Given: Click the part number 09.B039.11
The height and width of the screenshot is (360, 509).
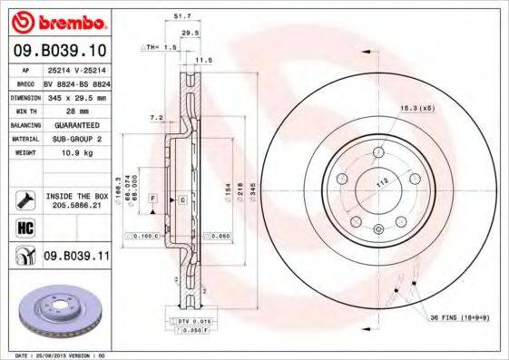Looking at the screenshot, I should click(x=75, y=257).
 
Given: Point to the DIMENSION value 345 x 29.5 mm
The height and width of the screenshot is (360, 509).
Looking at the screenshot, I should click(x=75, y=96).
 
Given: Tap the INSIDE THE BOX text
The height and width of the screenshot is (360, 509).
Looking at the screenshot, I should click(x=76, y=196).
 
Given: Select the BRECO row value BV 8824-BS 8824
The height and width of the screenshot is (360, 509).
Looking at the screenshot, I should click(x=75, y=83).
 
